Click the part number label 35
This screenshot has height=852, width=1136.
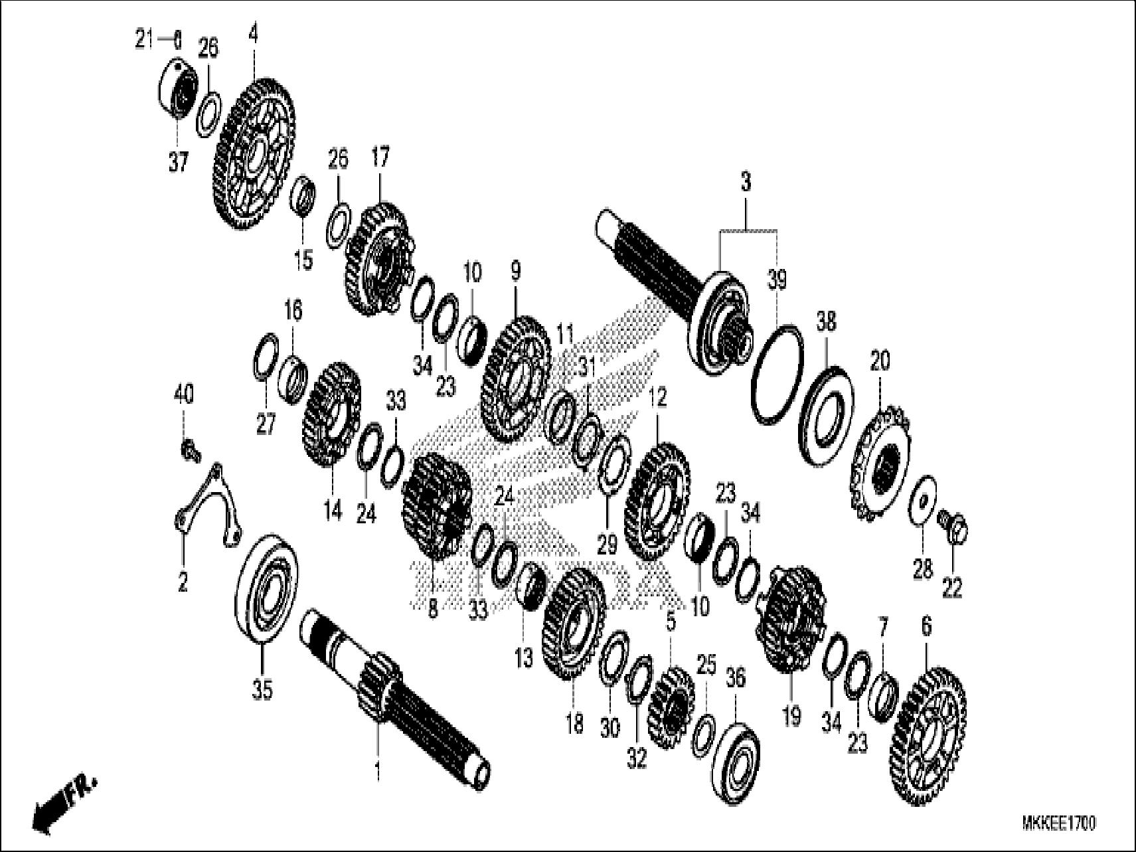[262, 691]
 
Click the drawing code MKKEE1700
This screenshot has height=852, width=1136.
[1058, 823]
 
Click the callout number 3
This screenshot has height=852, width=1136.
[746, 181]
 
